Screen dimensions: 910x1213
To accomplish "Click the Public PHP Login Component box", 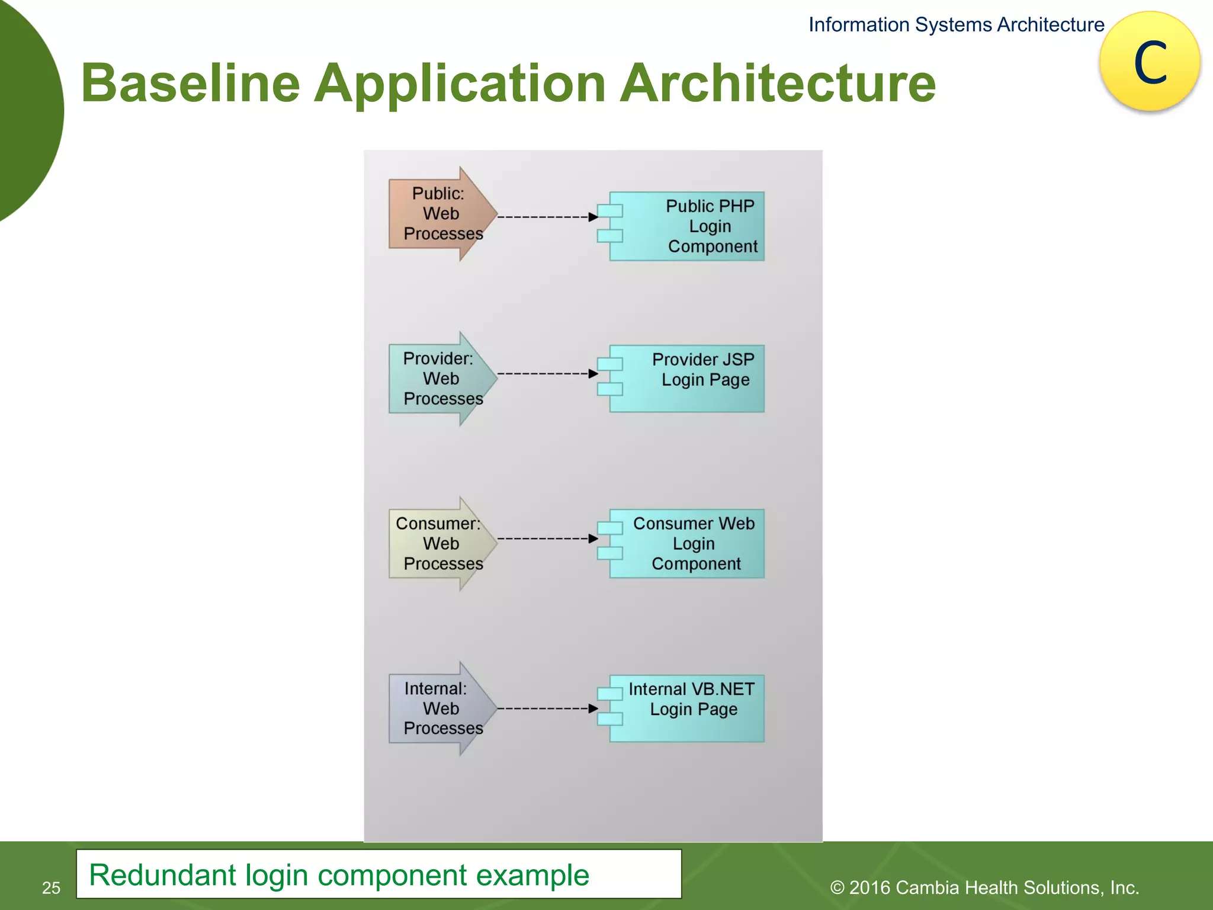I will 687,226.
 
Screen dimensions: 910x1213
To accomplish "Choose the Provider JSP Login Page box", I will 687,379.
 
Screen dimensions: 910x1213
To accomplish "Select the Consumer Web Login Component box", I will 687,543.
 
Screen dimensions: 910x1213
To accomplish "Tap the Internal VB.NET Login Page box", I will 687,709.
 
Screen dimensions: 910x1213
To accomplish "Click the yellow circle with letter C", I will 1150,62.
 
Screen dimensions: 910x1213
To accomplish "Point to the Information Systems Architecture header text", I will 956,25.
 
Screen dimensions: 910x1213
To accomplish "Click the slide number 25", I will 52,887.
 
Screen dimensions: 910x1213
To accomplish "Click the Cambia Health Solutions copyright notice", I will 984,887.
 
